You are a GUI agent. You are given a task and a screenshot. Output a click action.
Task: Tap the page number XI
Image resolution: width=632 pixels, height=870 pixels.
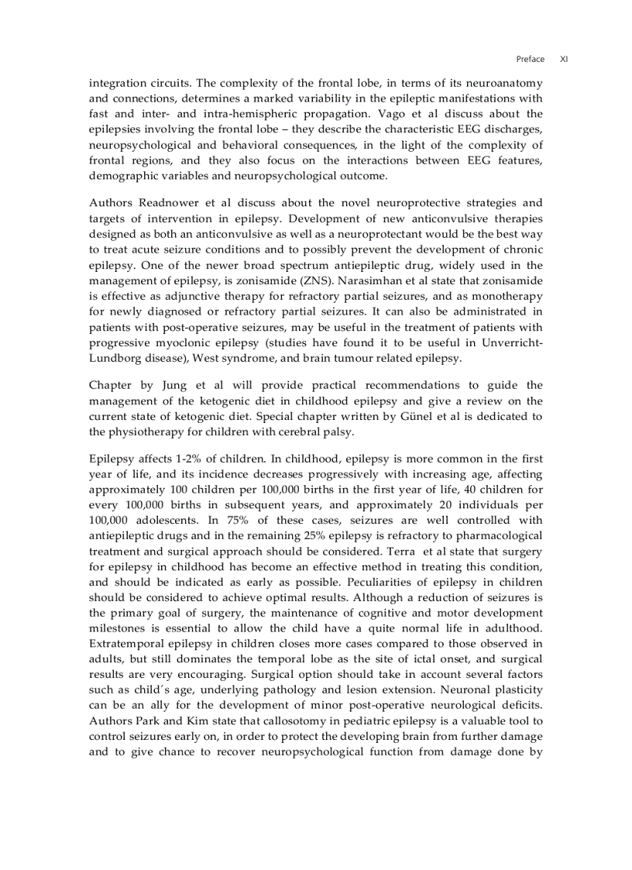tap(564, 59)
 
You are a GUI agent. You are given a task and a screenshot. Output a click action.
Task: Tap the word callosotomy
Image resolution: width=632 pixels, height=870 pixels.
tap(266, 720)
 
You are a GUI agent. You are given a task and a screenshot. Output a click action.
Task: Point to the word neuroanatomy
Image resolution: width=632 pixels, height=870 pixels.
tap(503, 83)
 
